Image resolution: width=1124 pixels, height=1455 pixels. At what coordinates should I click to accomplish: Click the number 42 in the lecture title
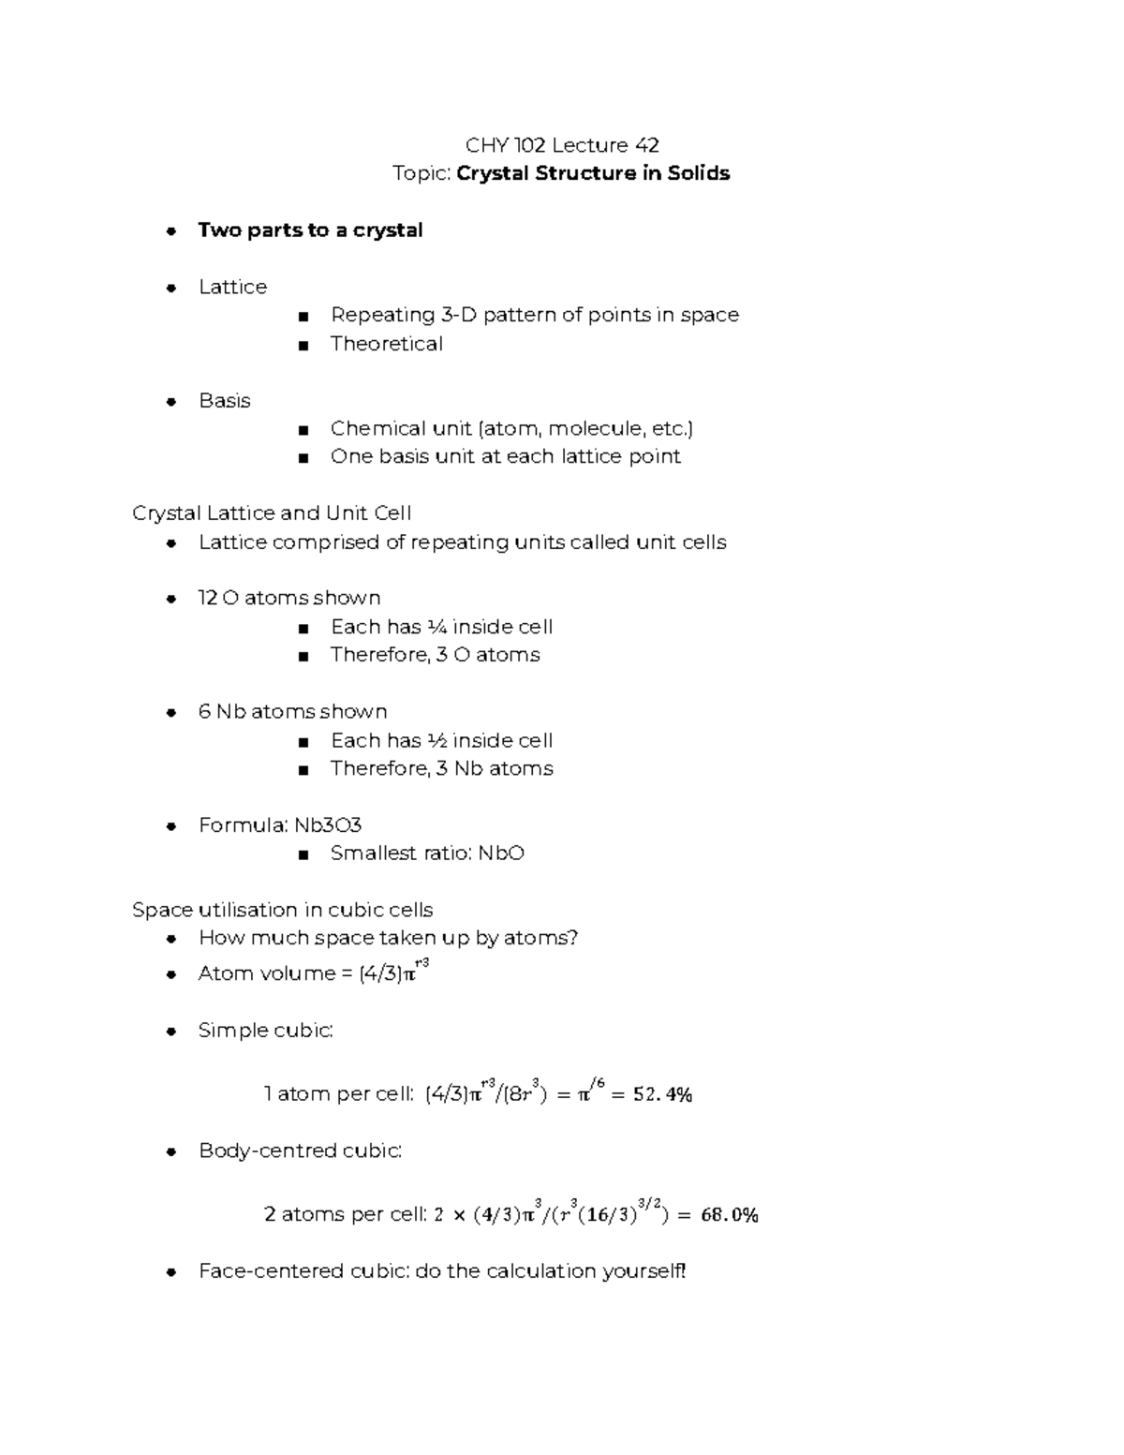(646, 145)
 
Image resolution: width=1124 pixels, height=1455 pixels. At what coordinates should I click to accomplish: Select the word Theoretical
(386, 344)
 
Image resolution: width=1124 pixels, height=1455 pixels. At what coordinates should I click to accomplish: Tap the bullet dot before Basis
(170, 402)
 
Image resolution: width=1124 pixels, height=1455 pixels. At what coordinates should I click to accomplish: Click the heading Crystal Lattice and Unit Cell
(272, 513)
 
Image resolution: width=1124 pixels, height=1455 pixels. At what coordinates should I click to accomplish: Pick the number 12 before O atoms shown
(207, 599)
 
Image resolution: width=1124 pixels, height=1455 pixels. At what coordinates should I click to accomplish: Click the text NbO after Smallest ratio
(501, 854)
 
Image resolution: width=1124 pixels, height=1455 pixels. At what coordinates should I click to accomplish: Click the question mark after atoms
(573, 938)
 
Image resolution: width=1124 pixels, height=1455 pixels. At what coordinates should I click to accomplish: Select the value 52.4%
(662, 1094)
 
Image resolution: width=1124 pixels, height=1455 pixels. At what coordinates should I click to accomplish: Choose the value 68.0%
(729, 1215)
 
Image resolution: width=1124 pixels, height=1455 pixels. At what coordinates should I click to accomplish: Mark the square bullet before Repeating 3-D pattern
(303, 317)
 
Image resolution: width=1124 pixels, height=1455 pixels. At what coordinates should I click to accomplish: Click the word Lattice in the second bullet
(232, 287)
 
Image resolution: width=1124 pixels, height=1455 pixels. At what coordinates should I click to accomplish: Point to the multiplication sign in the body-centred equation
(459, 1215)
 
